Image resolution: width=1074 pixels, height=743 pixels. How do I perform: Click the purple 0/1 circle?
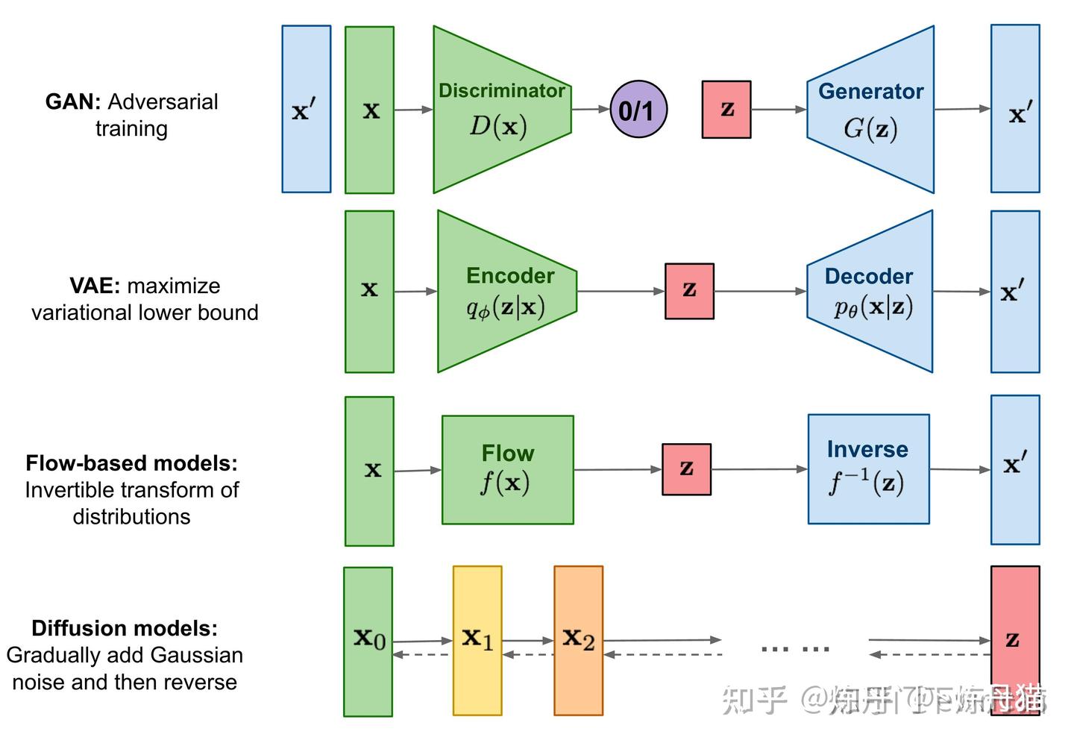pos(638,110)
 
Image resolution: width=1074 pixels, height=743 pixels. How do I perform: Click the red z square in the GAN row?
pos(726,110)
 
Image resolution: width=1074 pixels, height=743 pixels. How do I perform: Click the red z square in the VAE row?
pos(689,291)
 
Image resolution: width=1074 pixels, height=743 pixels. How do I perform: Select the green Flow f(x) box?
pos(507,469)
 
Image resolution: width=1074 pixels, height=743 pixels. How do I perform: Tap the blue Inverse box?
pos(868,469)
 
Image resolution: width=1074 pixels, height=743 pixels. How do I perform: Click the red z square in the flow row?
pos(686,469)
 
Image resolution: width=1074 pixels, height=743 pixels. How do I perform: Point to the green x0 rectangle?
pos(368,642)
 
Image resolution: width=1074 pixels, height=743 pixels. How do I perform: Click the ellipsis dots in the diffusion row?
pos(795,649)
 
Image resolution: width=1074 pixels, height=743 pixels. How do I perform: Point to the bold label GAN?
pos(73,101)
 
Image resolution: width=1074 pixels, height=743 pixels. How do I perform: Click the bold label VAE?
pos(95,286)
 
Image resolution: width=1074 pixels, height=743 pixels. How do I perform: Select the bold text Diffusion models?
pos(125,628)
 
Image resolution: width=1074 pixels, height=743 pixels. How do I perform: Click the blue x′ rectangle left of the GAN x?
pos(306,110)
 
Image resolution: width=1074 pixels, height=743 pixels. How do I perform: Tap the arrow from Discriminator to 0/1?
pos(590,110)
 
